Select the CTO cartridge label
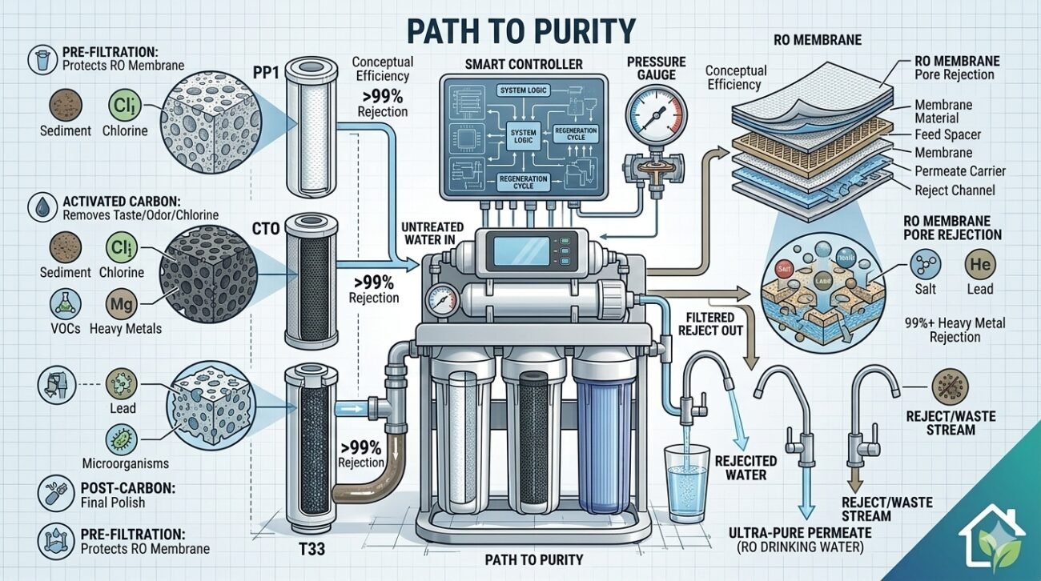[264, 230]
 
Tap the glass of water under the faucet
[687, 480]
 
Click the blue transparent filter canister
[605, 444]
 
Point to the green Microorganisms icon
[121, 438]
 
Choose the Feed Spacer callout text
[947, 134]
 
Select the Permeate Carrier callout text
[959, 171]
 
